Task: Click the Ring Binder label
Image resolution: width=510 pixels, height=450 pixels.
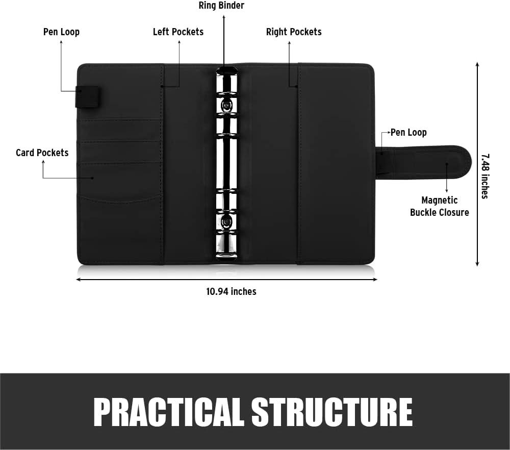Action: tap(221, 6)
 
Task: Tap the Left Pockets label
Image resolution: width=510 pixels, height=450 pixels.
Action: tap(178, 32)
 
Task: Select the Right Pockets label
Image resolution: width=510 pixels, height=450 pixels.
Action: tap(294, 32)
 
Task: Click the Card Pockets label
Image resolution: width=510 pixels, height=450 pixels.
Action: tap(42, 153)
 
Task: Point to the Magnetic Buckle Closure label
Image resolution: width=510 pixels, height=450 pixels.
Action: tap(440, 206)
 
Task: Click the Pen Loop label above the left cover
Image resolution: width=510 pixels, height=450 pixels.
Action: tap(62, 32)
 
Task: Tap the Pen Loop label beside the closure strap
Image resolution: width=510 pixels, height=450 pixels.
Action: tap(409, 133)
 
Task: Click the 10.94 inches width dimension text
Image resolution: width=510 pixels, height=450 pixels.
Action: tap(231, 291)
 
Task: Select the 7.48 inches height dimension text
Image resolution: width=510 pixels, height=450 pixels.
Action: tap(485, 176)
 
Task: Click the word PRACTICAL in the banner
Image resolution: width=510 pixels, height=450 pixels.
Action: tap(169, 412)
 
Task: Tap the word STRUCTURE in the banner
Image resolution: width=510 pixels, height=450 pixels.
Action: tap(332, 412)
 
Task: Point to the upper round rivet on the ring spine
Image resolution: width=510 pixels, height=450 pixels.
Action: tap(226, 105)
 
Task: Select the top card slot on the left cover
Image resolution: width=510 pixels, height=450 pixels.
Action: tap(120, 130)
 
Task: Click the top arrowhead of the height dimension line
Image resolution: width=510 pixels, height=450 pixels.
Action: tap(477, 64)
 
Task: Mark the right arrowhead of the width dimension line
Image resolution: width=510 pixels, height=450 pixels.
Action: tap(375, 279)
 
